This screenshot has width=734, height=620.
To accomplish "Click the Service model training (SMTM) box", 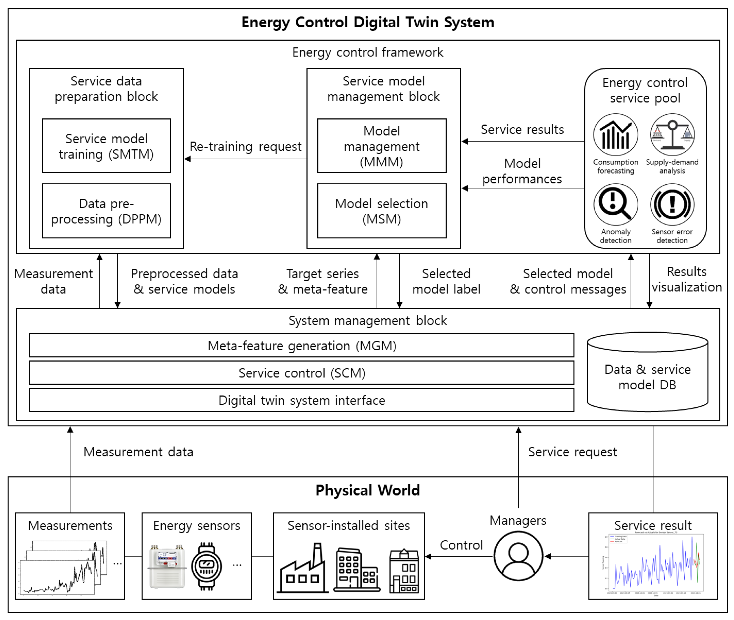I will (106, 146).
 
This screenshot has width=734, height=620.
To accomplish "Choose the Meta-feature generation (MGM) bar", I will (301, 345).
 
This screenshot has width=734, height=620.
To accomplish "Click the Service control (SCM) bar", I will (301, 373).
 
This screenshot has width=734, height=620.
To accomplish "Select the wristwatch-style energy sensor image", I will (207, 566).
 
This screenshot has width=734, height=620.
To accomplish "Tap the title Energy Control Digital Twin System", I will (367, 22).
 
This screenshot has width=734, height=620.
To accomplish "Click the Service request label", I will (572, 452).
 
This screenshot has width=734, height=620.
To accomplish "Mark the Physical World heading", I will (367, 490).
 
